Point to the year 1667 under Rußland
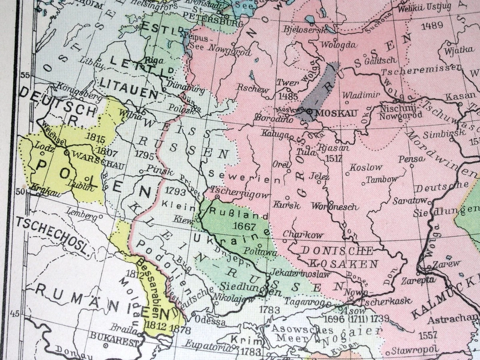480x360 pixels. tap(244, 226)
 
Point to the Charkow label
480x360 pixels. tap(303, 234)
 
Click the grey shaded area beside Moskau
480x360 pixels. tap(320, 88)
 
